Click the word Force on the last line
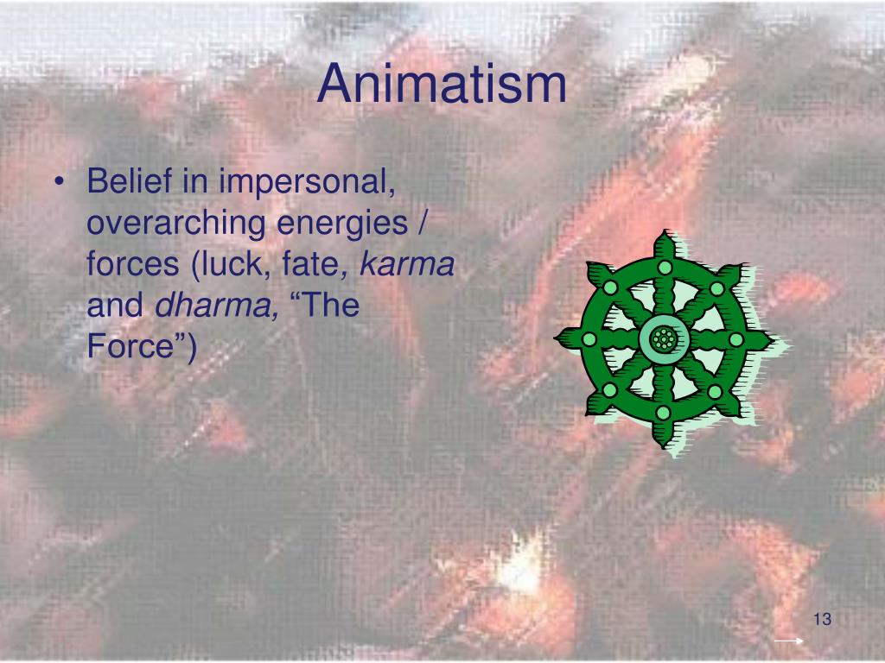tap(133, 348)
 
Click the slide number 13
tap(821, 621)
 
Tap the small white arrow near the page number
tap(789, 641)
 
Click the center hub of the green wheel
tap(662, 339)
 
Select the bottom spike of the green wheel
tap(663, 439)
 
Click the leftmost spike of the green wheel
tap(563, 339)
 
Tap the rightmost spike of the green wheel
tap(762, 339)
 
